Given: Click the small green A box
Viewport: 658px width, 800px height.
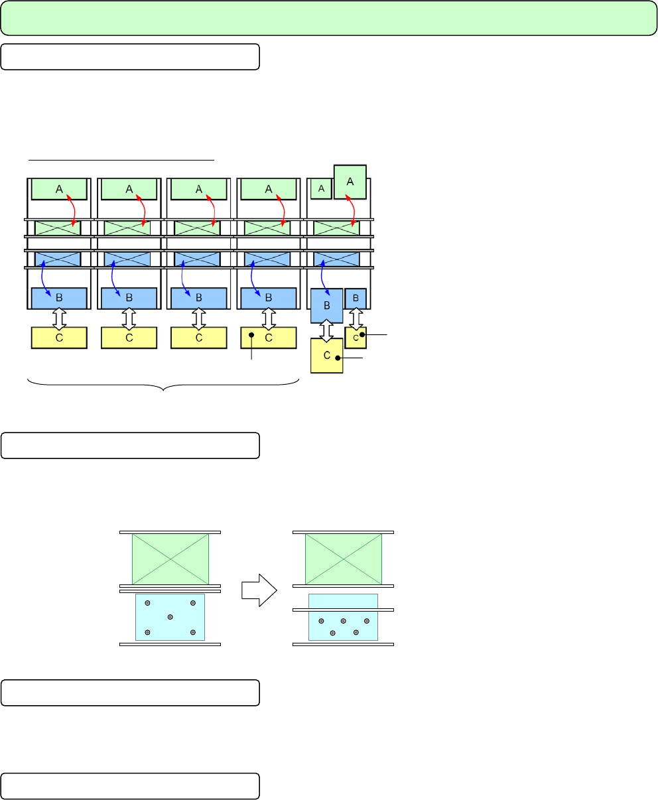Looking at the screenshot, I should (x=321, y=189).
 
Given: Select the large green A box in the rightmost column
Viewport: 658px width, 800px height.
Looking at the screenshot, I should (x=350, y=182).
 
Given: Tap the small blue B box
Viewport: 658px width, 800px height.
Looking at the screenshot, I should (x=356, y=299).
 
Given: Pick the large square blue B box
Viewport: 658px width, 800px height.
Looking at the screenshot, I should (x=327, y=306).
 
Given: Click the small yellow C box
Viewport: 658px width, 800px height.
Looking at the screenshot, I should (x=356, y=338).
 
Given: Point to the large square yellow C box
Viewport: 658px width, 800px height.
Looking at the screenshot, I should (x=327, y=355).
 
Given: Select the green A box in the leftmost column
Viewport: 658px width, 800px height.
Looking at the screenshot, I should (x=59, y=189).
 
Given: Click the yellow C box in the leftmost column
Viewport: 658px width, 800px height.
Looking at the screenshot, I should (x=59, y=338).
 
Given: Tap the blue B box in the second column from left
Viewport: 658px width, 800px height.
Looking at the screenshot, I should (x=129, y=299).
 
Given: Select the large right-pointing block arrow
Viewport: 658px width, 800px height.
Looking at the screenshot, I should (x=259, y=588).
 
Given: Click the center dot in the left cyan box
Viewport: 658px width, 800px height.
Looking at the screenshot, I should (x=170, y=617).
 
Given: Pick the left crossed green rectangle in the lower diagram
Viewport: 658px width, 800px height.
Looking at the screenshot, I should (x=170, y=559).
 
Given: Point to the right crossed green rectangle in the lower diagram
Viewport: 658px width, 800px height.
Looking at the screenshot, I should (x=343, y=559).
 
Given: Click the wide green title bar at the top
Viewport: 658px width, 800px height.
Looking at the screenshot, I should (x=329, y=18).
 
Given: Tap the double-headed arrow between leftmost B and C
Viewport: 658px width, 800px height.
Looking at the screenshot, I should (x=59, y=318).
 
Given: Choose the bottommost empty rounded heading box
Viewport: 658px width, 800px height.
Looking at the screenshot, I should (x=130, y=786).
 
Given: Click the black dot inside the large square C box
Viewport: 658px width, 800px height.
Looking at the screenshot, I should (x=338, y=358).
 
